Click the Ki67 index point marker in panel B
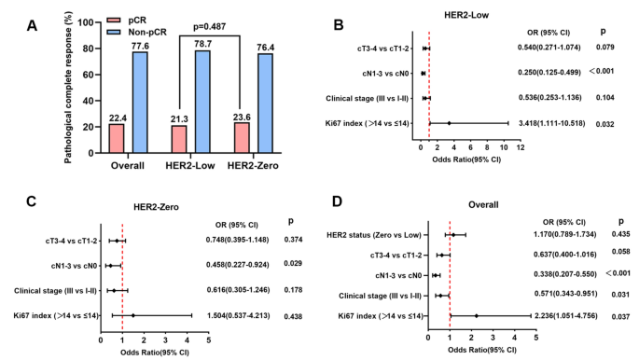point(449,122)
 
